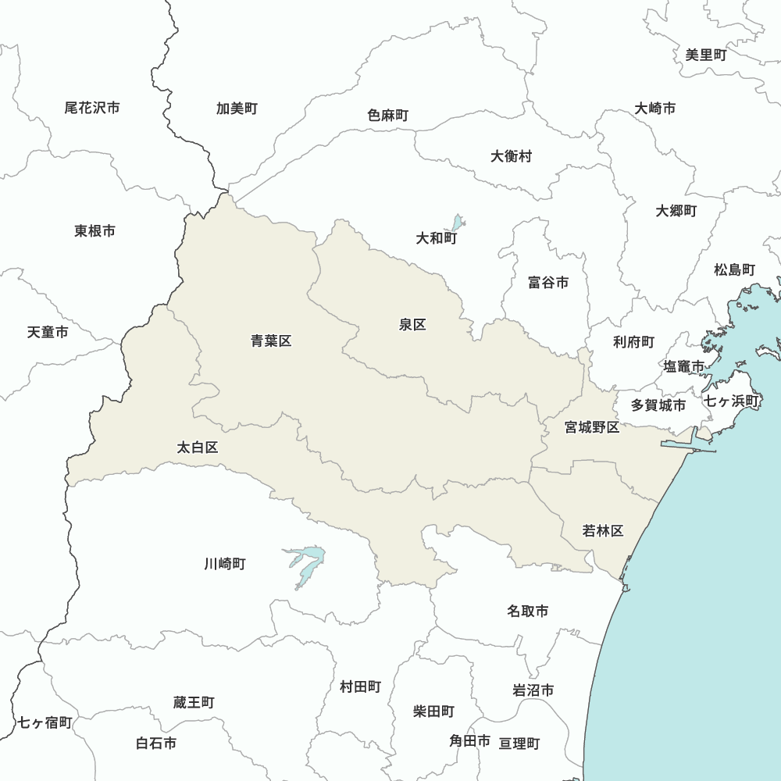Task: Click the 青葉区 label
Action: coord(271,341)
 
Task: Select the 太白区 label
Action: coord(198,448)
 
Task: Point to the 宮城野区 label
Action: coord(592,427)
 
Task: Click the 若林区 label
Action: coord(603,531)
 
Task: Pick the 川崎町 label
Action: coord(225,563)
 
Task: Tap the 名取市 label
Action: coord(527,611)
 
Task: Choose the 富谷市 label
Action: coord(547,283)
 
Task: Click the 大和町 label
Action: coord(437,238)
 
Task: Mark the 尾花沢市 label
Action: coord(92,108)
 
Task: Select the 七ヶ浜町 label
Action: coord(732,401)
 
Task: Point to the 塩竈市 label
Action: coord(683,366)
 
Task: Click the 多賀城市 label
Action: coord(658,405)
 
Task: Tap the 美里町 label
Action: coord(706,55)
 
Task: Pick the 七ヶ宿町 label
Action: coord(45,722)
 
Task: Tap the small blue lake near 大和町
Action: coord(458,223)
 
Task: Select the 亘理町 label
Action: coord(519,744)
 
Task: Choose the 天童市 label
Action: coord(48,333)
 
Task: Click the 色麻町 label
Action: coord(388,116)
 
